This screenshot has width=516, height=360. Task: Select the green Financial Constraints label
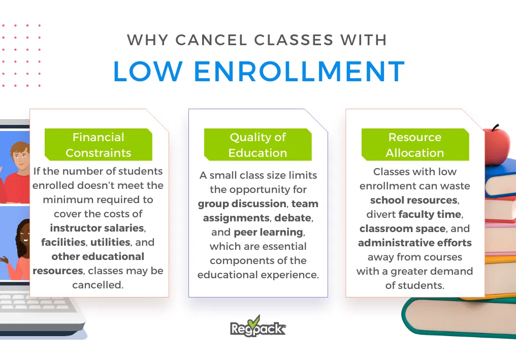click(98, 145)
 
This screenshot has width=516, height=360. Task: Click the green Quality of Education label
click(257, 145)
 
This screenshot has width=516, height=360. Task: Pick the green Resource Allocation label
click(414, 145)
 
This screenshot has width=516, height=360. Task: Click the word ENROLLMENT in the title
click(299, 72)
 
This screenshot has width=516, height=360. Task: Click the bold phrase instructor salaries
click(96, 228)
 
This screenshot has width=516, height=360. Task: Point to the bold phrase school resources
click(413, 200)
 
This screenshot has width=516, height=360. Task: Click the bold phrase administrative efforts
click(414, 243)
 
